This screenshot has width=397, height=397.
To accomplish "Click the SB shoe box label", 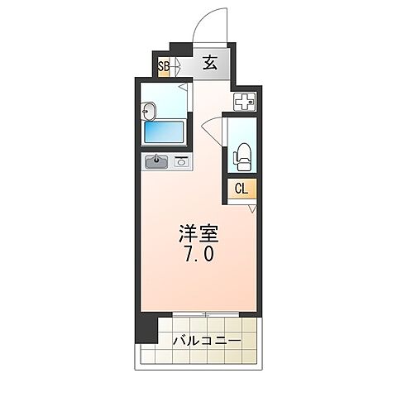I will point(164,66).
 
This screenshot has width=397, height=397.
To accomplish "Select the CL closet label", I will point(242,189).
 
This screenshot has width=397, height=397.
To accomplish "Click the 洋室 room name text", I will point(196,233).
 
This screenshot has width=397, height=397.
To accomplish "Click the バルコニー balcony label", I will point(207,341).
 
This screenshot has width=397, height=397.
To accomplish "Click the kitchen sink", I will point(157,162).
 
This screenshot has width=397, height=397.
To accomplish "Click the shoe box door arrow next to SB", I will point(177,66).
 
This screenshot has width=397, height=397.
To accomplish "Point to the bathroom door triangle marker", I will point(188,85).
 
